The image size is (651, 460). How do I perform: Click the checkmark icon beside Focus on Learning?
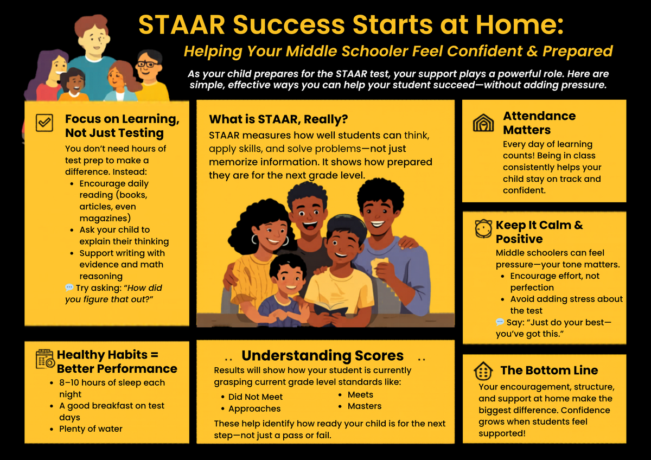pyautogui.click(x=44, y=123)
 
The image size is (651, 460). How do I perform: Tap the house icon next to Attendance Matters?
pyautogui.click(x=483, y=123)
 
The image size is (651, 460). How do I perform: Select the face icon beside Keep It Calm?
pyautogui.click(x=483, y=229)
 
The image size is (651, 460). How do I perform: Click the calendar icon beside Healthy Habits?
pyautogui.click(x=45, y=359)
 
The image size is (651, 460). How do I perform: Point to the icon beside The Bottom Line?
pyautogui.click(x=483, y=371)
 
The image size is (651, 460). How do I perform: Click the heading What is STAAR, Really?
pyautogui.click(x=278, y=119)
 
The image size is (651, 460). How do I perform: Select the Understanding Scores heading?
pyautogui.click(x=322, y=356)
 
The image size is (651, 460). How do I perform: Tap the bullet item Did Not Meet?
pyautogui.click(x=255, y=397)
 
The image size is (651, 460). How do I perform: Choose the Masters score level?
pyautogui.click(x=364, y=406)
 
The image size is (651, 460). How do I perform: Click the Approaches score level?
pyautogui.click(x=254, y=409)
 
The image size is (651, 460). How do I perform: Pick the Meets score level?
pyautogui.click(x=360, y=395)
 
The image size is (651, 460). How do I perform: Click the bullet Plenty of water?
pyautogui.click(x=91, y=429)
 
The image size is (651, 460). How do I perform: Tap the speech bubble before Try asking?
pyautogui.click(x=69, y=287)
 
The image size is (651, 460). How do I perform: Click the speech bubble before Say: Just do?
pyautogui.click(x=500, y=322)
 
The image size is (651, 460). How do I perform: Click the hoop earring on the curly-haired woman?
pyautogui.click(x=254, y=239)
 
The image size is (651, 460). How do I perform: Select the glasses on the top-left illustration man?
pyautogui.click(x=147, y=64)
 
